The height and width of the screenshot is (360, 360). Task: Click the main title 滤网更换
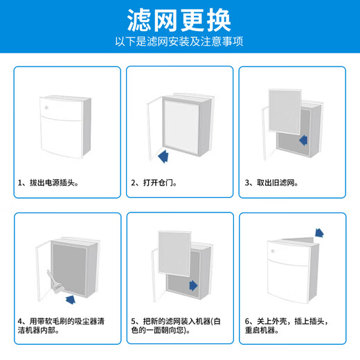click(179, 19)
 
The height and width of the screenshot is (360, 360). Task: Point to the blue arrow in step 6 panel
click(320, 233)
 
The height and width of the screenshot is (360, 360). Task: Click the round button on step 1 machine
click(46, 108)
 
